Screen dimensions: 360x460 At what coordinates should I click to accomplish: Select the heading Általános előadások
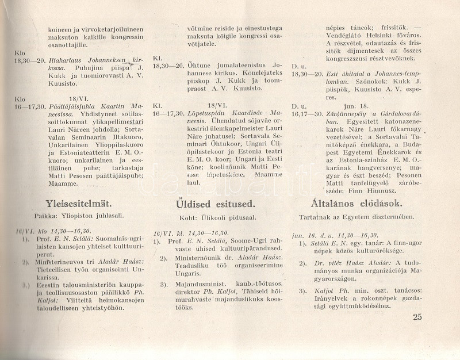[352, 203]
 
